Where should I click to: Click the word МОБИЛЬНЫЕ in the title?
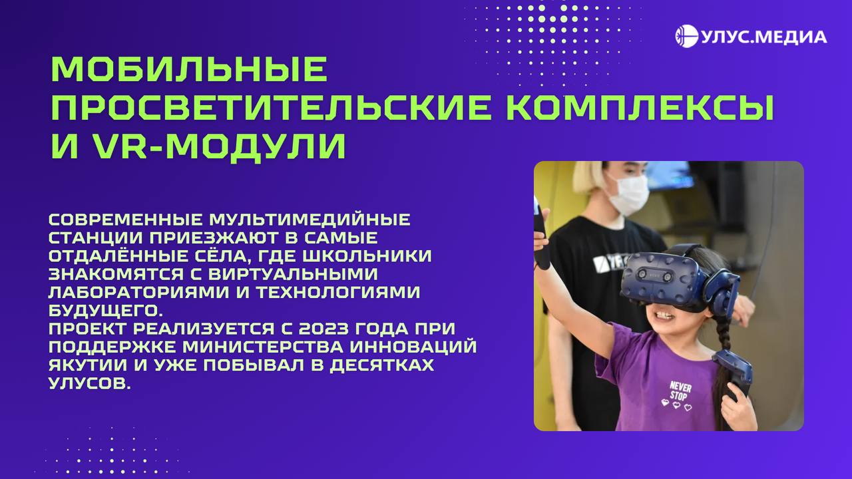[189, 69]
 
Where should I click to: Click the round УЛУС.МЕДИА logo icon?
[686, 36]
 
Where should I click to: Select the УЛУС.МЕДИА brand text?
[763, 37]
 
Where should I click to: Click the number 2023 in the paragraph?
[326, 329]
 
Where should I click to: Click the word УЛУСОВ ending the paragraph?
[86, 384]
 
